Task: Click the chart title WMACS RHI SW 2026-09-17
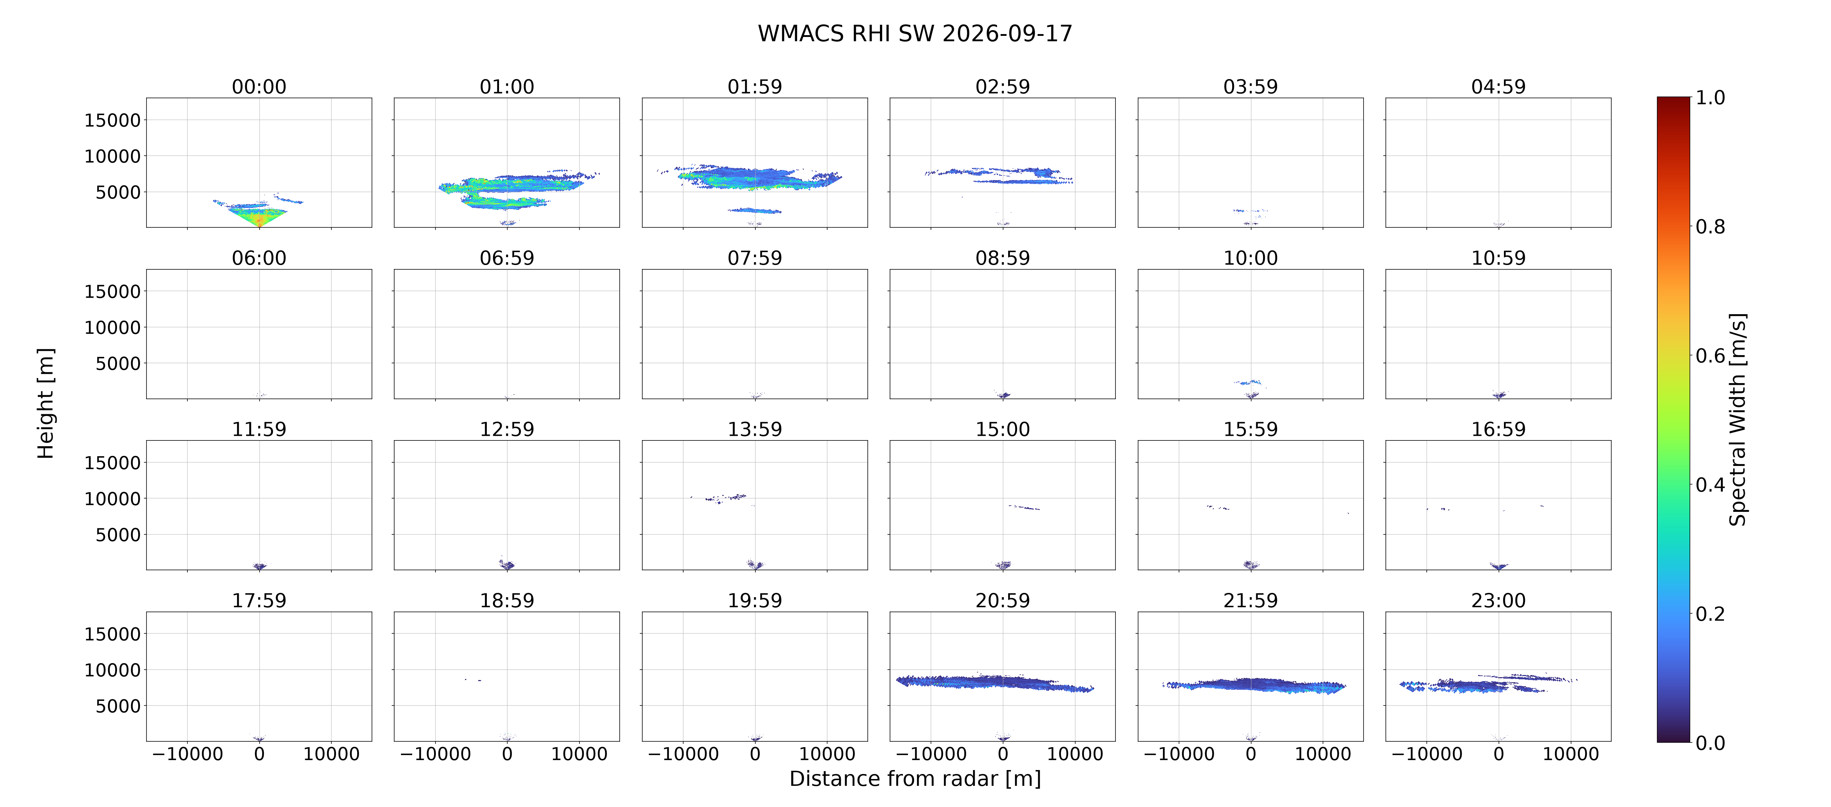(x=915, y=33)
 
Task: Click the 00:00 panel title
(x=259, y=87)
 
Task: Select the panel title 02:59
(x=1002, y=87)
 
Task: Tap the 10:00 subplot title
(x=1250, y=258)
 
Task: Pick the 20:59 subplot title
(x=1002, y=600)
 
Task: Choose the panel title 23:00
(x=1498, y=600)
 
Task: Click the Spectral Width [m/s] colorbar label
(x=1737, y=419)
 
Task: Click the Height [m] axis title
(x=46, y=403)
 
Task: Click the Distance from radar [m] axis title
(x=915, y=779)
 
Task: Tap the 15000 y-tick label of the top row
(x=112, y=120)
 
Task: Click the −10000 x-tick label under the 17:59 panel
(x=188, y=754)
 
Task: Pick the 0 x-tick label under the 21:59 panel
(x=1250, y=754)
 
